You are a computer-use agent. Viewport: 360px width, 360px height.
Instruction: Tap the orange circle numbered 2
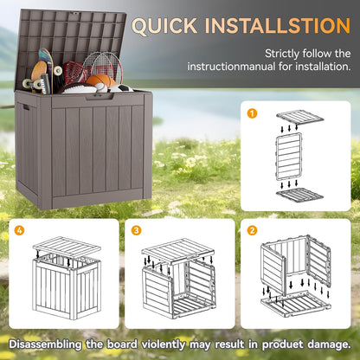[x=253, y=229]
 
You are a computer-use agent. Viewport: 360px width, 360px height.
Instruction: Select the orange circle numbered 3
[x=135, y=229]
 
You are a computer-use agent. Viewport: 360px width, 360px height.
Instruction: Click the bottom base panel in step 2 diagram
[x=299, y=302]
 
